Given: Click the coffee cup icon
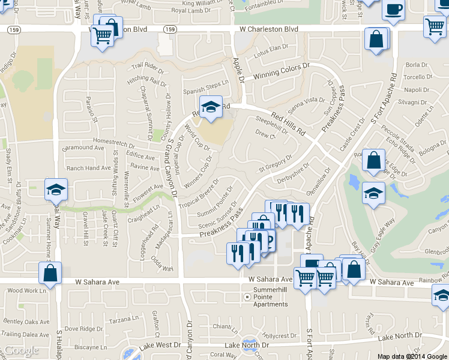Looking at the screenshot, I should click(x=393, y=10).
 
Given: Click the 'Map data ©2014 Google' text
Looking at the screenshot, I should click(x=412, y=356).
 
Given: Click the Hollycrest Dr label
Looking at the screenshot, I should click(x=276, y=336).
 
